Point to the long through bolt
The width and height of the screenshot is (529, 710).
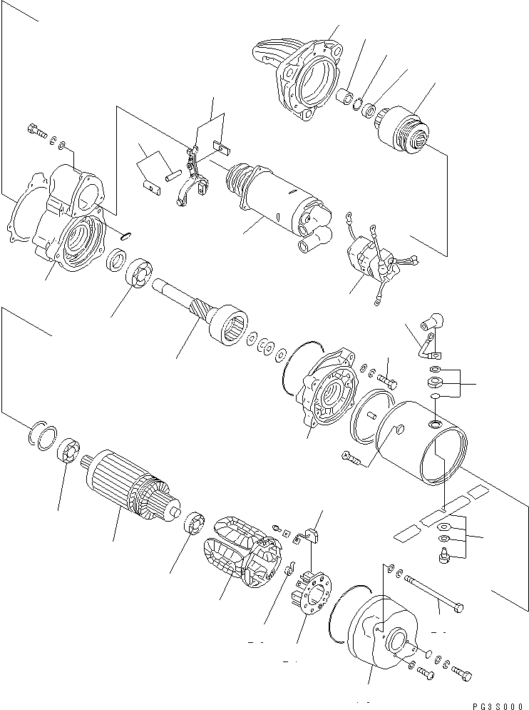coord(434,592)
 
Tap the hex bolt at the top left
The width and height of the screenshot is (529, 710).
coord(34,131)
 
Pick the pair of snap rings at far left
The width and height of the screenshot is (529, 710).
coord(42,432)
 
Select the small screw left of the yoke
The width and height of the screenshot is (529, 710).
coord(351,457)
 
